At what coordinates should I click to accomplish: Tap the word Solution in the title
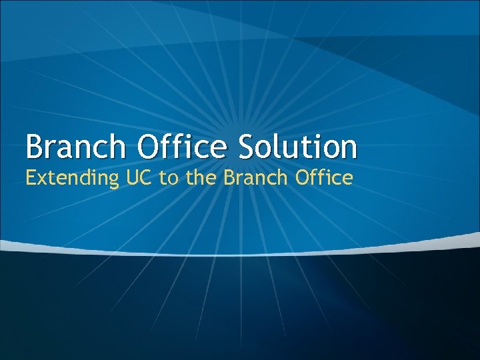tap(299, 147)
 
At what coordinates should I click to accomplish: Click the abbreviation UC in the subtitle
tap(133, 177)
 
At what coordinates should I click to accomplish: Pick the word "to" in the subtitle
tap(165, 177)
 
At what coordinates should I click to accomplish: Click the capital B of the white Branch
tap(34, 147)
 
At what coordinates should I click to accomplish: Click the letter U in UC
tap(126, 177)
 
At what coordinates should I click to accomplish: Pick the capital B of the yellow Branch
tap(229, 177)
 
